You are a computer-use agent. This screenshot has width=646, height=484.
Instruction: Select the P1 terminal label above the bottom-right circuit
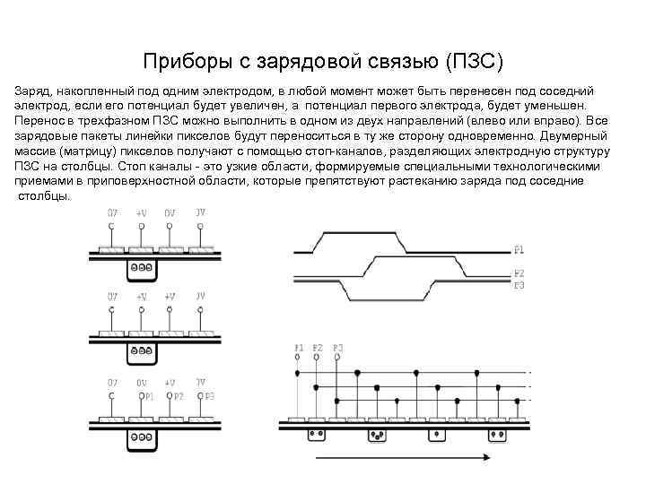pyautogui.click(x=299, y=347)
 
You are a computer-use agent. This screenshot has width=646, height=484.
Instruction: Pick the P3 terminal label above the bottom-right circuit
pyautogui.click(x=337, y=347)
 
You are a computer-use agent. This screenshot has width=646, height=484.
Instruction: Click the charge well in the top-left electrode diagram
pyautogui.click(x=141, y=267)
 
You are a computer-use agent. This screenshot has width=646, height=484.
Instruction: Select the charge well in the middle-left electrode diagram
pyautogui.click(x=141, y=350)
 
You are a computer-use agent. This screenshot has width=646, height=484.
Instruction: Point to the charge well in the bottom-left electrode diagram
pyautogui.click(x=142, y=439)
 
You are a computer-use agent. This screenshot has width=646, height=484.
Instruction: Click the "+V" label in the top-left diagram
pyautogui.click(x=141, y=214)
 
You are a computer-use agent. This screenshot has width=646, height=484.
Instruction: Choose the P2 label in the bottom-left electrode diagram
pyautogui.click(x=179, y=395)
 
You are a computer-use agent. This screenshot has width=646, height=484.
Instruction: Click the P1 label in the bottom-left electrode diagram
pyautogui.click(x=148, y=395)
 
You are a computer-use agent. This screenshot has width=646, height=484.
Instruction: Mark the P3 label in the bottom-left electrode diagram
pyautogui.click(x=208, y=395)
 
